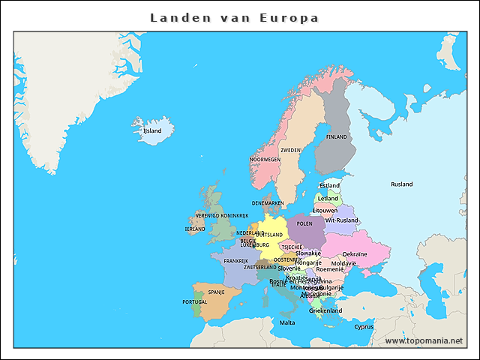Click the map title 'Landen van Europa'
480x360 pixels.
(234, 17)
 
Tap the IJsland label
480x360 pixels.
(152, 130)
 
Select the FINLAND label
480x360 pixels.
(337, 137)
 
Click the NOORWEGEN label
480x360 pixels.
(265, 160)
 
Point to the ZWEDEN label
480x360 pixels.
(290, 150)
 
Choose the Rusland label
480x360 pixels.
(401, 184)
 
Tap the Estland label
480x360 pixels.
(329, 185)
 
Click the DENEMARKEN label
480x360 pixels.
(268, 203)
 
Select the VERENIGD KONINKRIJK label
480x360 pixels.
(222, 215)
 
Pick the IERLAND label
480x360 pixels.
(195, 229)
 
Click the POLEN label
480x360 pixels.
(304, 223)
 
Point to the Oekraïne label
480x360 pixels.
(355, 254)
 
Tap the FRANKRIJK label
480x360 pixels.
(235, 261)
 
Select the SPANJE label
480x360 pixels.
(216, 292)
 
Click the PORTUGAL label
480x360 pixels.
(194, 301)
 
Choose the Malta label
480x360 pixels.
(287, 322)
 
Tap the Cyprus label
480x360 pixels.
(364, 326)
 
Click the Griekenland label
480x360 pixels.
(325, 310)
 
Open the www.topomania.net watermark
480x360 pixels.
(424, 340)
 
